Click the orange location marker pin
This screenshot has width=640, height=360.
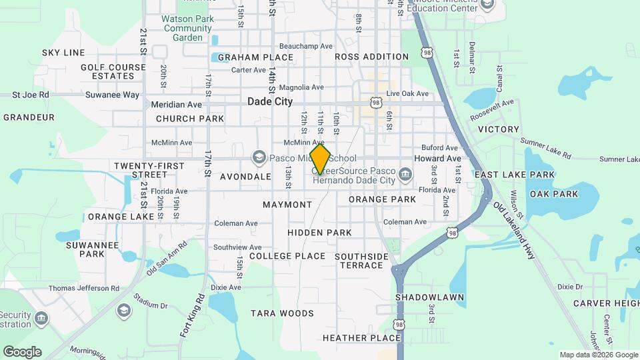coord(320,159)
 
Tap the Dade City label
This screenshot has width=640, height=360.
coord(269,101)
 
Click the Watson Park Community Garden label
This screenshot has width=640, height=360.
coord(187,28)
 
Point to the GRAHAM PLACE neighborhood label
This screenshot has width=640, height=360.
coord(255,57)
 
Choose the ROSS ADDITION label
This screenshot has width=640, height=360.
coord(371,57)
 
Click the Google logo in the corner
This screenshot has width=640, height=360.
coord(22,351)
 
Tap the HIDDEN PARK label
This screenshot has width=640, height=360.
coord(319,233)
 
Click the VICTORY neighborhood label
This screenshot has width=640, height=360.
coord(499,129)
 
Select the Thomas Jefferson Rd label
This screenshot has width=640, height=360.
coord(83,288)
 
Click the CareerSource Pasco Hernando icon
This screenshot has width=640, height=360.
coord(405,175)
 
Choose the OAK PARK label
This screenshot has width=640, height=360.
coord(553,194)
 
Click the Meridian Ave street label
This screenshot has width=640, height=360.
coord(176,105)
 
